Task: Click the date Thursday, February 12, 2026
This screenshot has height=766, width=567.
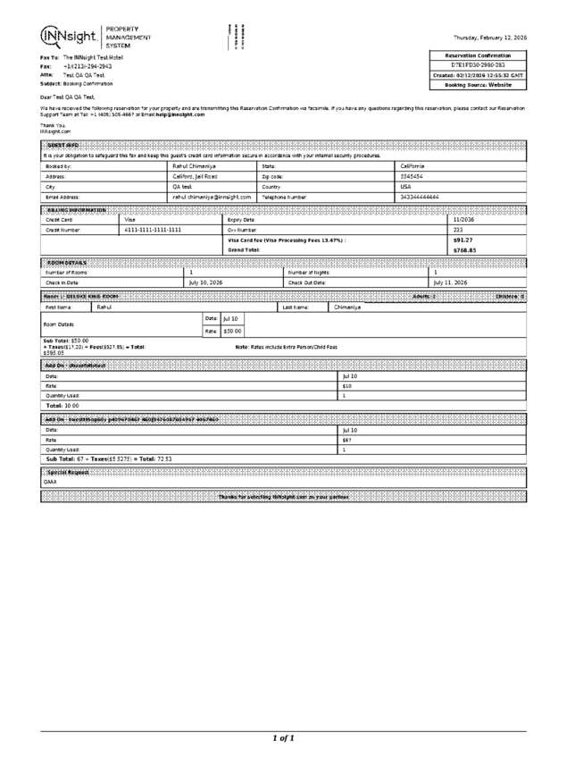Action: point(489,38)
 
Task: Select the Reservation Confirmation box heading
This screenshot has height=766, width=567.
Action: point(478,55)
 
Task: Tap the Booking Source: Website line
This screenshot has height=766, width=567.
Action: point(478,85)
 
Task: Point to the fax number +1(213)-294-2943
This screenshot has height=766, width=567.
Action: point(88,66)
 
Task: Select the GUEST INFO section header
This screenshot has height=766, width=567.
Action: point(63,146)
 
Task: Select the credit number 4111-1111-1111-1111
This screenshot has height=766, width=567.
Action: point(153,230)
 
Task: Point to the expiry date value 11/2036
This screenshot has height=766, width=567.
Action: point(463,219)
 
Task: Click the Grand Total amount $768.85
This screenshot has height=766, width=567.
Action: point(464,250)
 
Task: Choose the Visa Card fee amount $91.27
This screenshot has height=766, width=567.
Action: point(463,240)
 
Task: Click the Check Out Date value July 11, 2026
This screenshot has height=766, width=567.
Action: point(450,282)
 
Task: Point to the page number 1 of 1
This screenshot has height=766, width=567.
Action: point(283,737)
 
